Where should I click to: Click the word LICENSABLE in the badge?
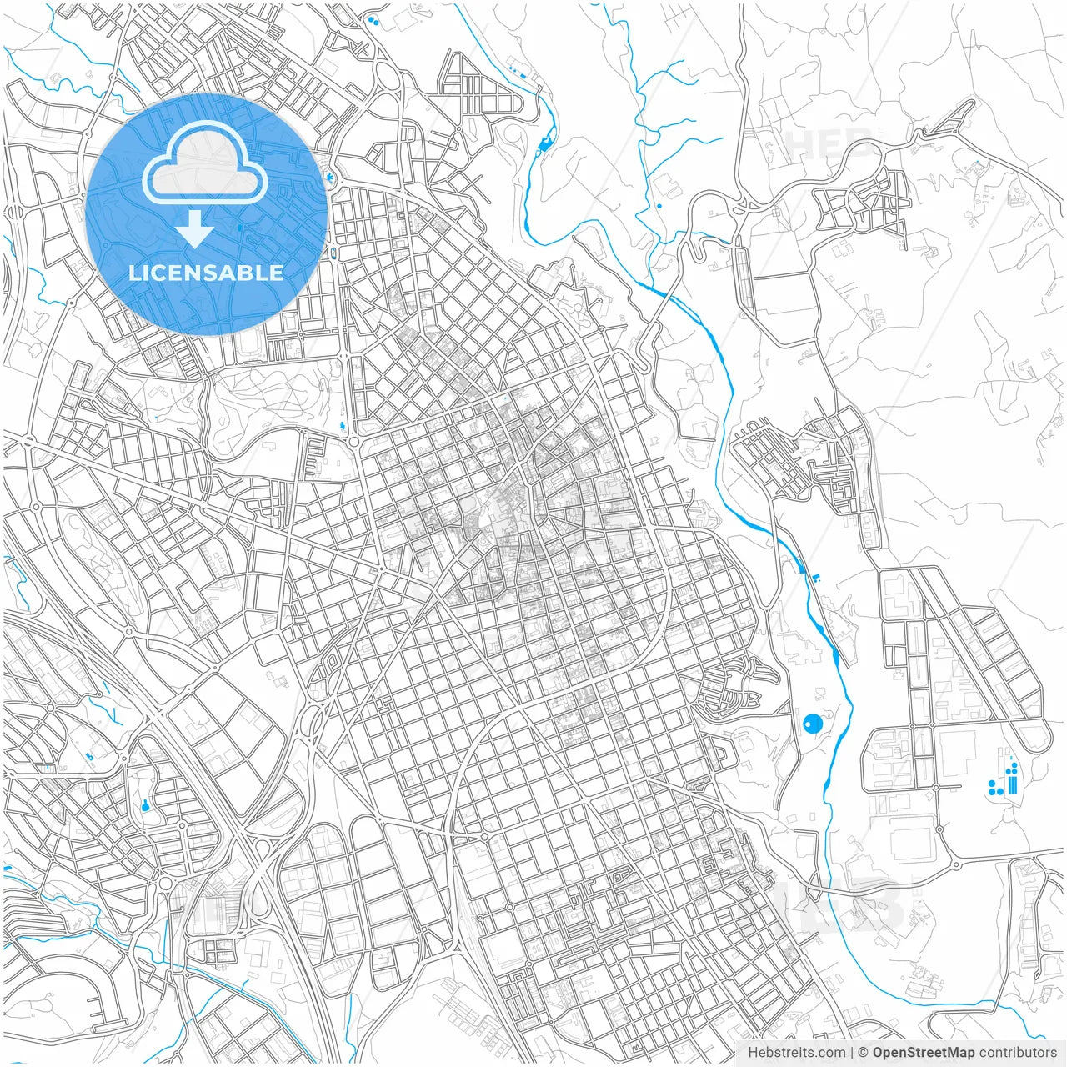(x=206, y=273)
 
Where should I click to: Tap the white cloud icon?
(x=204, y=163)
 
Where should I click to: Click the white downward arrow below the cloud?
(x=195, y=228)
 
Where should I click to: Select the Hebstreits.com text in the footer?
(x=796, y=1053)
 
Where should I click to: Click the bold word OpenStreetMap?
(x=924, y=1053)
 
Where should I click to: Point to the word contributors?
(x=1018, y=1053)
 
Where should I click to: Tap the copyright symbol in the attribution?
(x=864, y=1053)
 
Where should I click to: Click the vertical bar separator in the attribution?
(x=852, y=1053)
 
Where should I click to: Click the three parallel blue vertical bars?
(x=1013, y=781)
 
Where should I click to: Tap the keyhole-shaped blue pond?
(x=146, y=805)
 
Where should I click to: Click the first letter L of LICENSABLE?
(x=134, y=273)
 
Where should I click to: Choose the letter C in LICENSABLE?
(x=162, y=273)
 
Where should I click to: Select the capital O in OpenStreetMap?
(x=879, y=1053)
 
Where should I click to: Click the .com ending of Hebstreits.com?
(x=830, y=1053)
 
